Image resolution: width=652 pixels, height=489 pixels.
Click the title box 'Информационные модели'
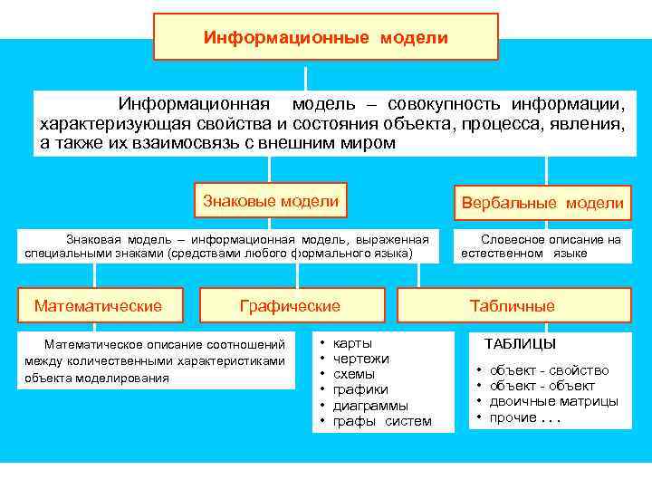[x=325, y=37]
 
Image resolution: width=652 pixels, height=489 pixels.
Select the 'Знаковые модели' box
[x=271, y=201]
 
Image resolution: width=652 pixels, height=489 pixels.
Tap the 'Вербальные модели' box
[x=542, y=203]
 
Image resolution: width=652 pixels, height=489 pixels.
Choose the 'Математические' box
[x=98, y=306]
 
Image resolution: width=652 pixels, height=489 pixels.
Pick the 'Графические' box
[x=290, y=306]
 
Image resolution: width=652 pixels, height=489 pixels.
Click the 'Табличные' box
[x=513, y=306]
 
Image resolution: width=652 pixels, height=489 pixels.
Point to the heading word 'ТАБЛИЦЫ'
[x=521, y=344]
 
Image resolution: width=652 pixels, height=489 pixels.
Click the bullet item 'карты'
[x=352, y=344]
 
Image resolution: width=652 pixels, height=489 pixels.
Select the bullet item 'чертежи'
[x=361, y=359]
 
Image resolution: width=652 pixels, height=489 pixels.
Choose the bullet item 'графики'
[x=360, y=389]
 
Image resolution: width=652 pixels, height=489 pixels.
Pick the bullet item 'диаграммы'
[x=370, y=405]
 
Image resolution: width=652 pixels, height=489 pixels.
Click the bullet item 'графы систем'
[x=382, y=421]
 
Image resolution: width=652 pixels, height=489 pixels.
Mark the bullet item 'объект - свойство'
[x=549, y=370]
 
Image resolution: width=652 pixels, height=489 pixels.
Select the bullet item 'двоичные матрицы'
[x=553, y=401]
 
